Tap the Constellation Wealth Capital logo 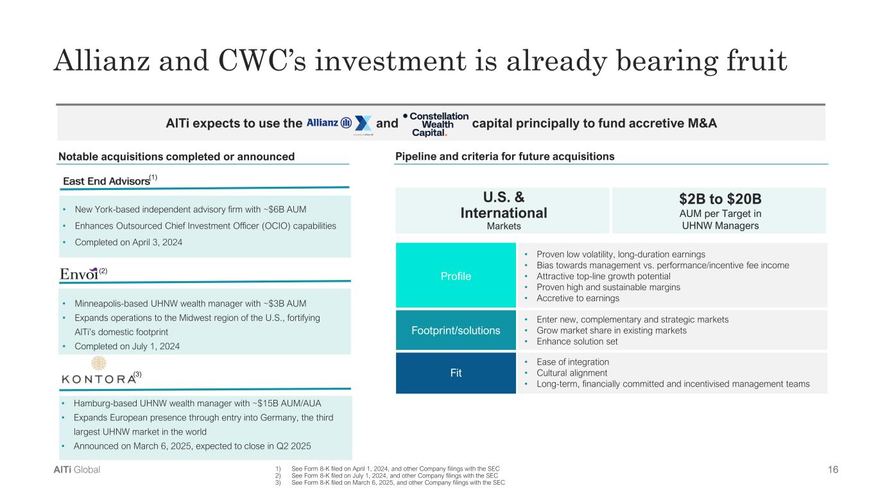click(435, 125)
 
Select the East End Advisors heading click(107, 181)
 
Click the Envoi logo click(79, 274)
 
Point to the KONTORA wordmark click(99, 379)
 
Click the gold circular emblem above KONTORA click(99, 363)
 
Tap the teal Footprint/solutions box click(456, 330)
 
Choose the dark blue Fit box click(456, 373)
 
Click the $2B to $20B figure click(720, 199)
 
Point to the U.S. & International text click(504, 205)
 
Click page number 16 click(833, 469)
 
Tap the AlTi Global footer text click(76, 469)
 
